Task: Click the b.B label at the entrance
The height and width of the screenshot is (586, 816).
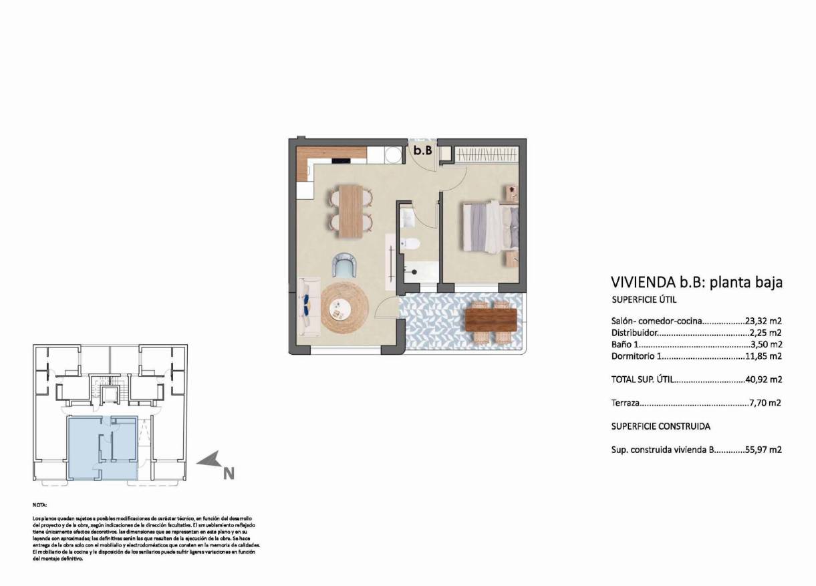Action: [x=422, y=151]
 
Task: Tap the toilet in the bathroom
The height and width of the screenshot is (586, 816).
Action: [x=412, y=244]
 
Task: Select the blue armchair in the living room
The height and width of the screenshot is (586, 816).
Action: [x=344, y=265]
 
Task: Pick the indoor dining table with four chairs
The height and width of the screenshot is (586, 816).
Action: [x=351, y=210]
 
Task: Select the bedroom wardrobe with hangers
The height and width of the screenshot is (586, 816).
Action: [x=487, y=154]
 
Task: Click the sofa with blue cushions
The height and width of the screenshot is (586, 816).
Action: [x=308, y=306]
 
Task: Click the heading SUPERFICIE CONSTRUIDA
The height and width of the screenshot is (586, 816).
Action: [x=660, y=426]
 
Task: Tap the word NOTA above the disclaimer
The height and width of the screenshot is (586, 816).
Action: [x=39, y=506]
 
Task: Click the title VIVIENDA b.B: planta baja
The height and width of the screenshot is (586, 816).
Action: [x=696, y=283]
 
